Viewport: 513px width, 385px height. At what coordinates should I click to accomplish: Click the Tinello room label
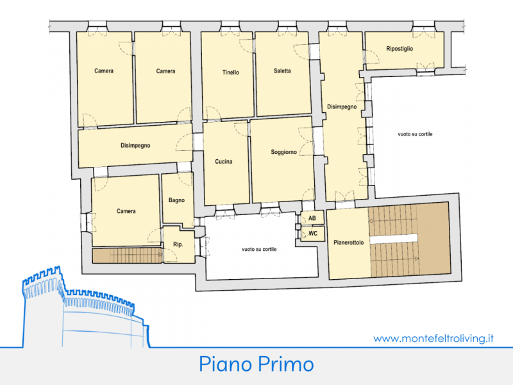(231, 73)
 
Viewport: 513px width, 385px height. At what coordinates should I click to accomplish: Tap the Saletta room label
(282, 71)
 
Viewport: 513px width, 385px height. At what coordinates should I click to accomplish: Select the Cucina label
(223, 162)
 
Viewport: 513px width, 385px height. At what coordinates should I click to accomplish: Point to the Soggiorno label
(283, 152)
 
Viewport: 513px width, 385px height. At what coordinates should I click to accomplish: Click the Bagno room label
(176, 200)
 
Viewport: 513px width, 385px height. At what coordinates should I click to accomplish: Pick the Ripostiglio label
(399, 49)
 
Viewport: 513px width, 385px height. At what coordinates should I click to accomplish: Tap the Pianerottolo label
(348, 243)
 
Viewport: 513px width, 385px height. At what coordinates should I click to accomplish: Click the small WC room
(313, 234)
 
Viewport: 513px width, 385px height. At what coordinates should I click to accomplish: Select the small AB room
(312, 218)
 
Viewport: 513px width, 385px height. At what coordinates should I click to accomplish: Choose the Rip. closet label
(178, 244)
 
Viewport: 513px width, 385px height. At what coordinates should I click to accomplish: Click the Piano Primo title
(256, 364)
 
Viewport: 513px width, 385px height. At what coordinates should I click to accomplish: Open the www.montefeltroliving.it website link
(433, 338)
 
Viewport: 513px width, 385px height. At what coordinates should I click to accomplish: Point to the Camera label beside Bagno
(126, 211)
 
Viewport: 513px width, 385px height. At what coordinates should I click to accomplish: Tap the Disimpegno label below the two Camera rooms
(135, 146)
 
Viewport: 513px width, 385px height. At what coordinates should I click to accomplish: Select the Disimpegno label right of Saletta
(342, 107)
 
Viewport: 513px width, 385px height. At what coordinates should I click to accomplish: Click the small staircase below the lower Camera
(128, 255)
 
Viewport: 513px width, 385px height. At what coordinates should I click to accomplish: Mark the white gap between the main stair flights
(394, 239)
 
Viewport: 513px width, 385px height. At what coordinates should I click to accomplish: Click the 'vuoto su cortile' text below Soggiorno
(259, 249)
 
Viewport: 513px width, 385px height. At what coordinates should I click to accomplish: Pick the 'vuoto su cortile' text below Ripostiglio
(415, 134)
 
